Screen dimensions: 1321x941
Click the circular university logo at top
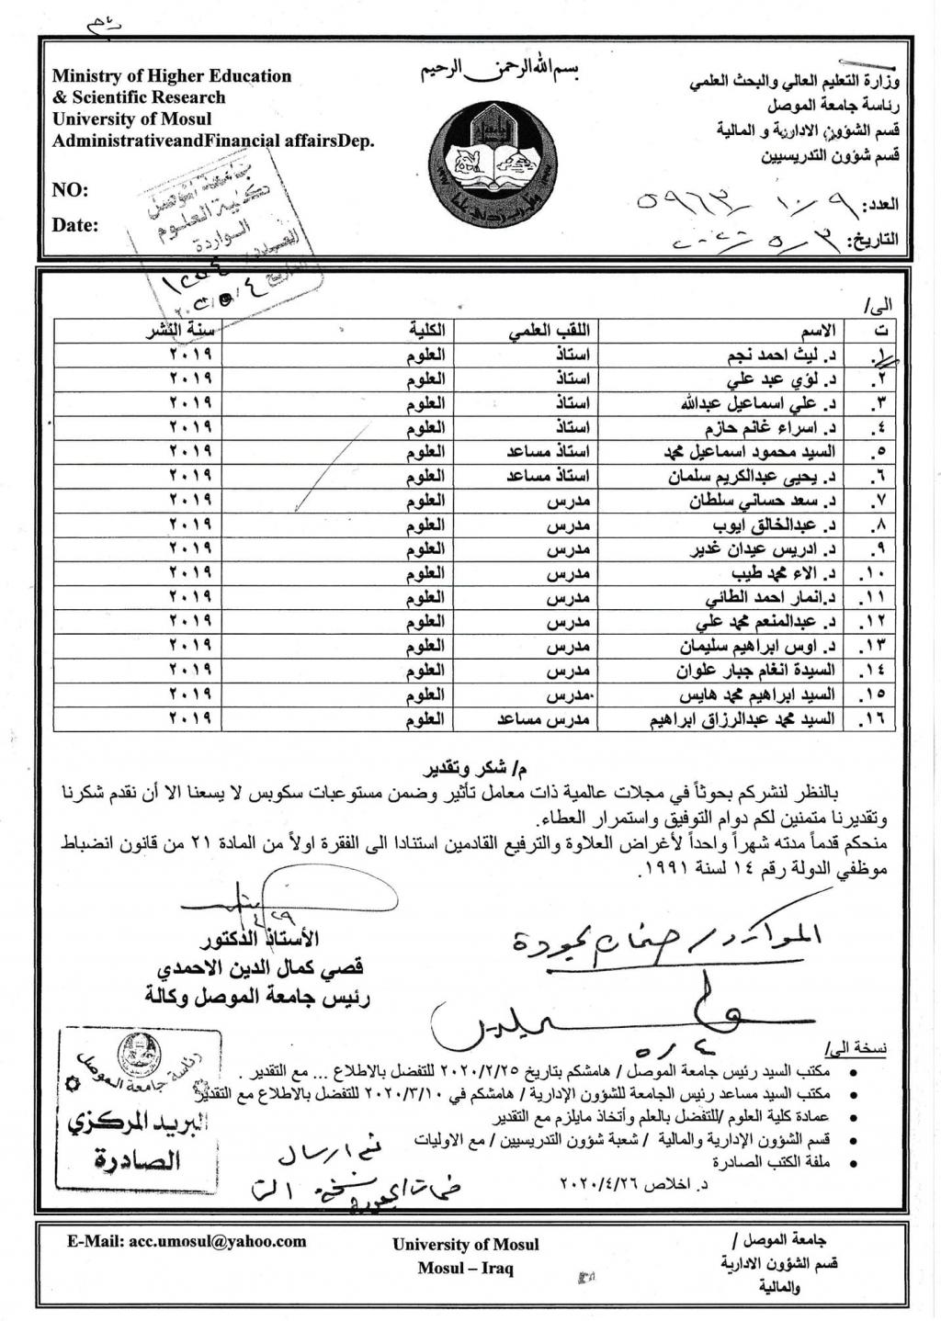(x=495, y=156)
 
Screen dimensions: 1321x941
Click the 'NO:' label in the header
(x=71, y=190)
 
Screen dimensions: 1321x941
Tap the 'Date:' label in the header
(x=75, y=225)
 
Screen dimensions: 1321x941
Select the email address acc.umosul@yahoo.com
(x=187, y=1241)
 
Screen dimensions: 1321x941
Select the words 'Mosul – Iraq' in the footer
(x=465, y=1269)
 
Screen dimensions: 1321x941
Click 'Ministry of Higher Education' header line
(x=172, y=76)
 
